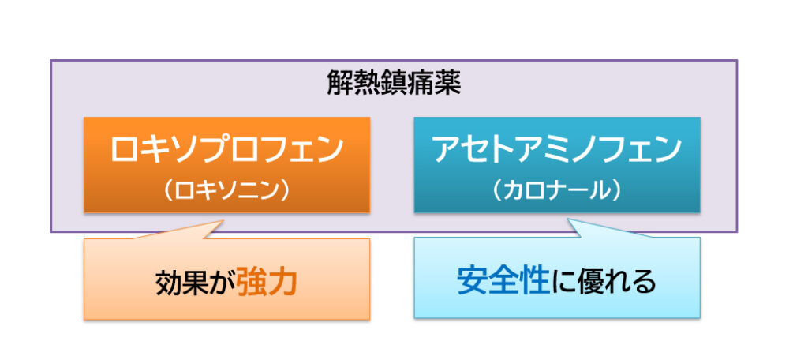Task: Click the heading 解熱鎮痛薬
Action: tap(395, 83)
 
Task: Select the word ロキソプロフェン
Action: tap(226, 149)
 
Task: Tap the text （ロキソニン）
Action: tap(226, 191)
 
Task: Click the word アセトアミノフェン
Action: tap(557, 149)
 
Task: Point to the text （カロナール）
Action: tap(557, 191)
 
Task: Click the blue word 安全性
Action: tap(503, 282)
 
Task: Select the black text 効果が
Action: tap(196, 283)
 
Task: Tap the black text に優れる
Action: tap(604, 283)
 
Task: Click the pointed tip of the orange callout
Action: tap(223, 221)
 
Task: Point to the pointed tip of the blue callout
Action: tap(568, 219)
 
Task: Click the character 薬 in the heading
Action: tap(448, 83)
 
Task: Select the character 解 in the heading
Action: tap(340, 83)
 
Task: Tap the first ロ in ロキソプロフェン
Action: tap(125, 149)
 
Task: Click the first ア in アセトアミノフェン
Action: tap(447, 149)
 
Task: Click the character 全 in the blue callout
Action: tap(503, 282)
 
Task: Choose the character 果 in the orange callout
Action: tap(196, 283)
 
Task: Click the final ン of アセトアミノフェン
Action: tap(668, 149)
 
